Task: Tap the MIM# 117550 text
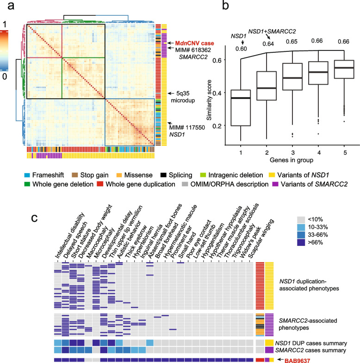188,125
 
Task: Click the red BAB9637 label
300,359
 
